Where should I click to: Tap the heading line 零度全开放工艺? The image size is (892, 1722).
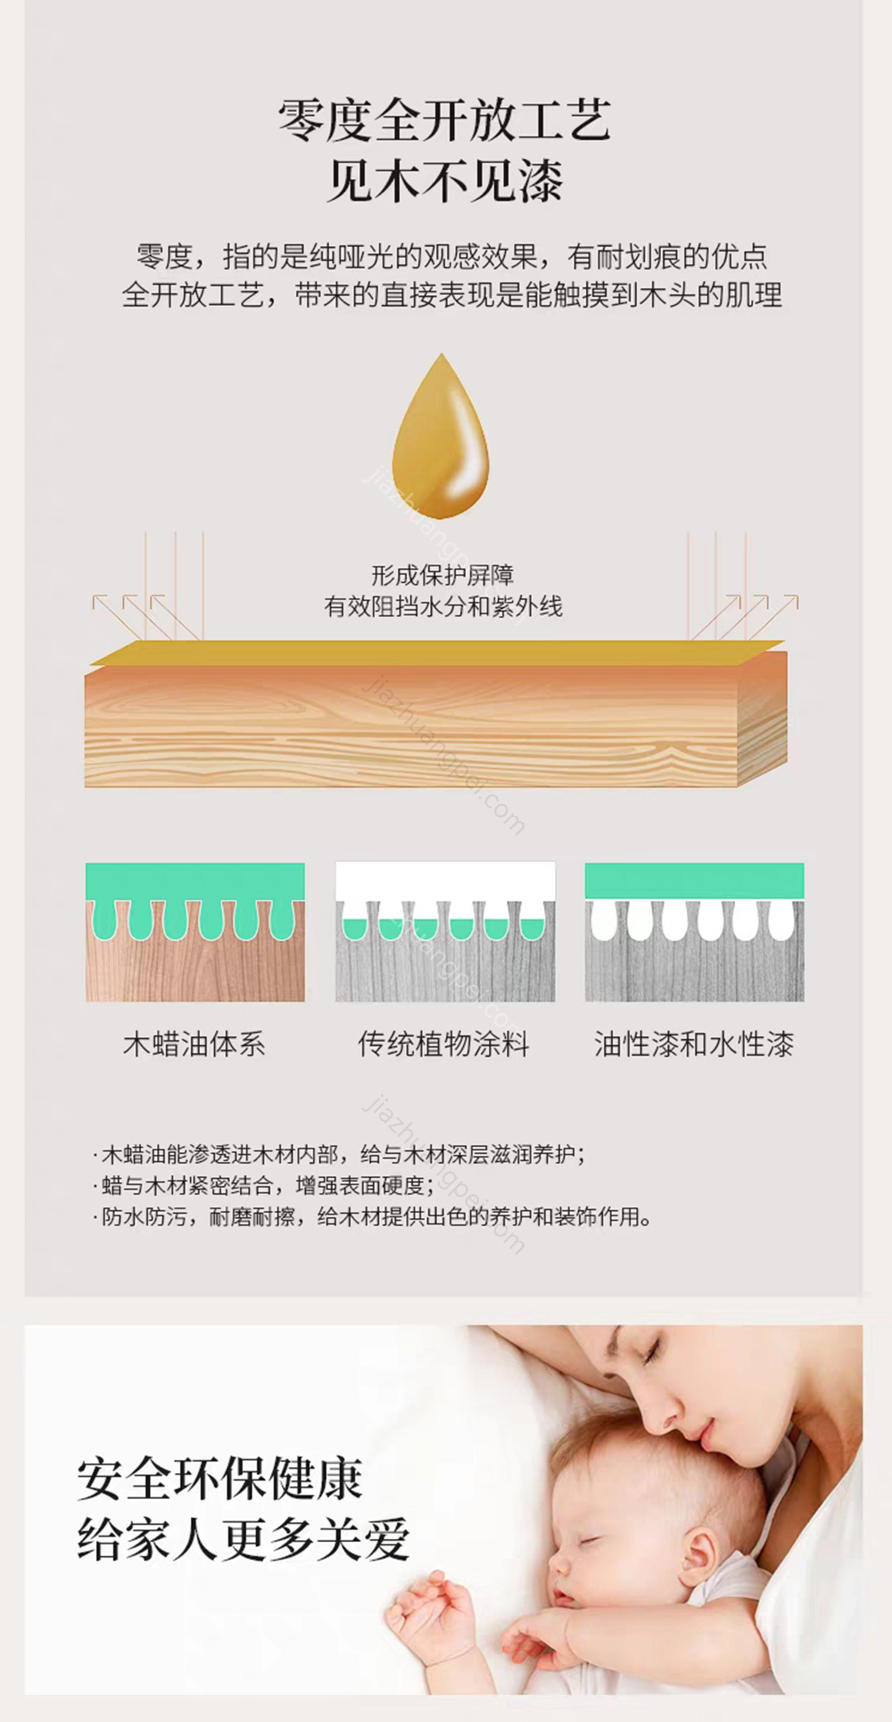[x=444, y=120]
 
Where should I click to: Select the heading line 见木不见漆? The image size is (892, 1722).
[x=444, y=181]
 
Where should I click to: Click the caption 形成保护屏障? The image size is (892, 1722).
[x=442, y=575]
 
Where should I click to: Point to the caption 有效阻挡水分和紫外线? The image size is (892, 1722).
[x=442, y=606]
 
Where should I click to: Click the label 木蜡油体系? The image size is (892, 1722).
[x=194, y=1043]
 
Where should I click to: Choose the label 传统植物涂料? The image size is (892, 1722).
[x=444, y=1043]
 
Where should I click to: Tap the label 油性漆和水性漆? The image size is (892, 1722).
[x=694, y=1043]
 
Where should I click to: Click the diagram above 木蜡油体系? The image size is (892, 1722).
[x=195, y=932]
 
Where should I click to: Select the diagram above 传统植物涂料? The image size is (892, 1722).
[x=445, y=932]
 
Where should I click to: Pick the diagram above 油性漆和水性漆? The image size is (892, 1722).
[x=694, y=932]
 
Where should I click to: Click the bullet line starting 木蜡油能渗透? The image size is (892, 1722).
[x=339, y=1155]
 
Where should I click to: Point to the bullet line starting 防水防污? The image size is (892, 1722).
[x=373, y=1216]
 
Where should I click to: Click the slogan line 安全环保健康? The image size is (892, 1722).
[x=219, y=1479]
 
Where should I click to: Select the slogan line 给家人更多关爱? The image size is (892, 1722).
[x=243, y=1539]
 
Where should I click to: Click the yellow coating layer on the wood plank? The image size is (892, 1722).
[x=437, y=652]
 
